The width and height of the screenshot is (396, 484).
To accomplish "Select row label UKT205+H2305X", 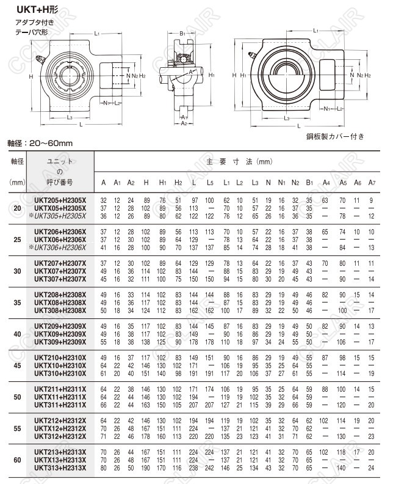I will pyautogui.click(x=60, y=200).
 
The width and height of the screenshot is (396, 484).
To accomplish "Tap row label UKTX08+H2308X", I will pyautogui.click(x=60, y=302).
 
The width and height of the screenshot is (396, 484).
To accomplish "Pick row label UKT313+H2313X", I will pyautogui.click(x=60, y=467).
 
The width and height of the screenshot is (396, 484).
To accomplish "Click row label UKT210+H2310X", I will pyautogui.click(x=60, y=356).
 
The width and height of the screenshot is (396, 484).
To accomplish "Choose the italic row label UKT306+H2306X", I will pyautogui.click(x=60, y=247).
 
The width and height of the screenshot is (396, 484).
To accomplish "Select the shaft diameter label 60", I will pyautogui.click(x=16, y=460).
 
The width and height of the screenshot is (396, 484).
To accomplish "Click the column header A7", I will pyautogui.click(x=372, y=183).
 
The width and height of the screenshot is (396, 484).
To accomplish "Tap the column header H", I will pyautogui.click(x=146, y=183).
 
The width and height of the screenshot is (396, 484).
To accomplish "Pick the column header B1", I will pyautogui.click(x=309, y=183).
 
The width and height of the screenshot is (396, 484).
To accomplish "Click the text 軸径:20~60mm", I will pyautogui.click(x=40, y=144).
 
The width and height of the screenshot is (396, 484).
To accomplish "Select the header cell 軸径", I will pyautogui.click(x=16, y=161).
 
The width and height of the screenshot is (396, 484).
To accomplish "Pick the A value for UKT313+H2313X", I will pyautogui.click(x=103, y=467).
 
